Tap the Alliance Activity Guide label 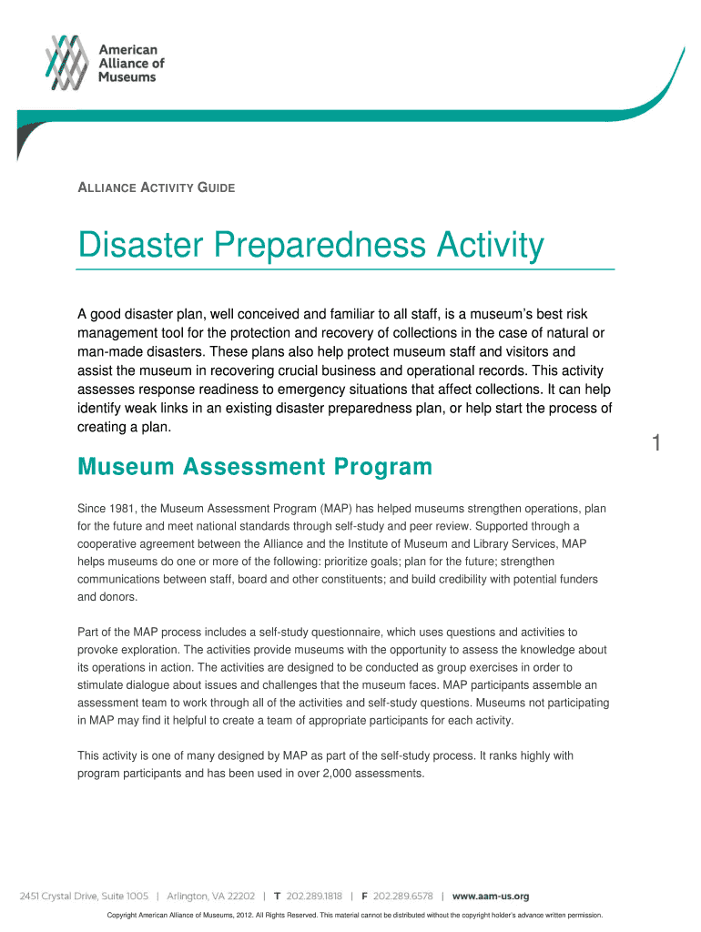pyautogui.click(x=156, y=188)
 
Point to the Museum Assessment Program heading pyautogui.click(x=255, y=468)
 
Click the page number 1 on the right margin pyautogui.click(x=655, y=444)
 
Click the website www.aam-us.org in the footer pyautogui.click(x=491, y=896)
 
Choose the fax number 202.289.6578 pyautogui.click(x=402, y=896)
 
